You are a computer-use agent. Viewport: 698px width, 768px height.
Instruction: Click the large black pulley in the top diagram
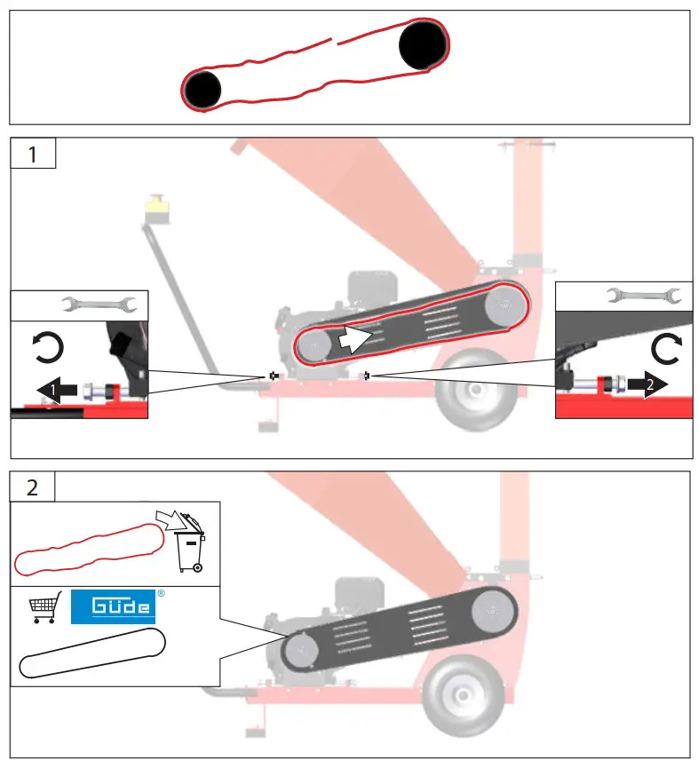(x=423, y=45)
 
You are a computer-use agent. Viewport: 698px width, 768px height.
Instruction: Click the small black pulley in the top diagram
(x=202, y=89)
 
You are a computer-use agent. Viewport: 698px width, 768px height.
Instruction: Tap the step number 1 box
(x=33, y=154)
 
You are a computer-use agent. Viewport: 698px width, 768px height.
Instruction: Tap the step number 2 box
(x=33, y=487)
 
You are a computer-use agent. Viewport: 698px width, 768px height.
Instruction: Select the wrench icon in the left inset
(x=99, y=305)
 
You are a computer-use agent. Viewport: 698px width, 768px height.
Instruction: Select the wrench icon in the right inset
(x=644, y=296)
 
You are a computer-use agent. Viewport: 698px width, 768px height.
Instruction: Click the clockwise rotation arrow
(x=665, y=348)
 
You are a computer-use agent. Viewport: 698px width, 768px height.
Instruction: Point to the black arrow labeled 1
(x=54, y=389)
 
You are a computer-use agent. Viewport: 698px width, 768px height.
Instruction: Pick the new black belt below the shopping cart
(x=92, y=655)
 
